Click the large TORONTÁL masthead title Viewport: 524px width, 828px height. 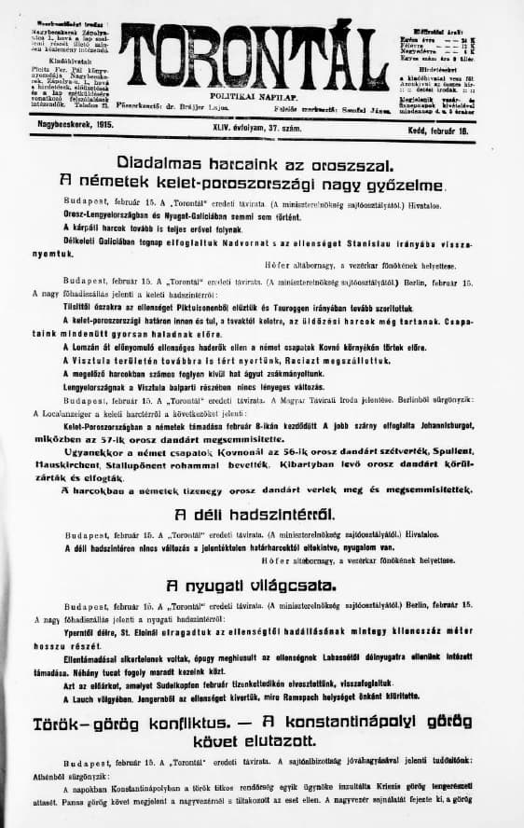[254, 54]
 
